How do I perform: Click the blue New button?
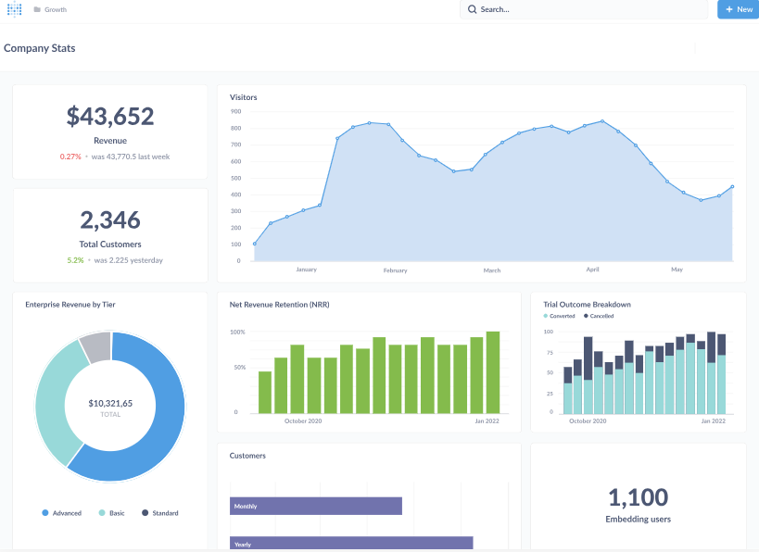point(738,9)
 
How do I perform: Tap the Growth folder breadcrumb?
point(55,9)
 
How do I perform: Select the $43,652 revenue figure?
point(110,117)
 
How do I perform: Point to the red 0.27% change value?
point(70,157)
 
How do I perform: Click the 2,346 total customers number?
point(110,220)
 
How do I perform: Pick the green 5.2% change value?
point(75,260)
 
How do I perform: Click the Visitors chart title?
point(244,97)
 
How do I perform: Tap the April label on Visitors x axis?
point(593,270)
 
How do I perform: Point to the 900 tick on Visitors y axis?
point(235,111)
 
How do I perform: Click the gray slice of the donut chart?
point(95,347)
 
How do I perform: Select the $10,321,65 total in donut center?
point(110,404)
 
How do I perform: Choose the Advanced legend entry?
point(62,513)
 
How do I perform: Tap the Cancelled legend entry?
point(599,316)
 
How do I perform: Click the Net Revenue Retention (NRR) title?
point(280,305)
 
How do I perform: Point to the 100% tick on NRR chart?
point(237,332)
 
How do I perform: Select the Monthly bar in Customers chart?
point(315,507)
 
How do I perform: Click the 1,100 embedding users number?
point(638,497)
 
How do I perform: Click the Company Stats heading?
point(40,48)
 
